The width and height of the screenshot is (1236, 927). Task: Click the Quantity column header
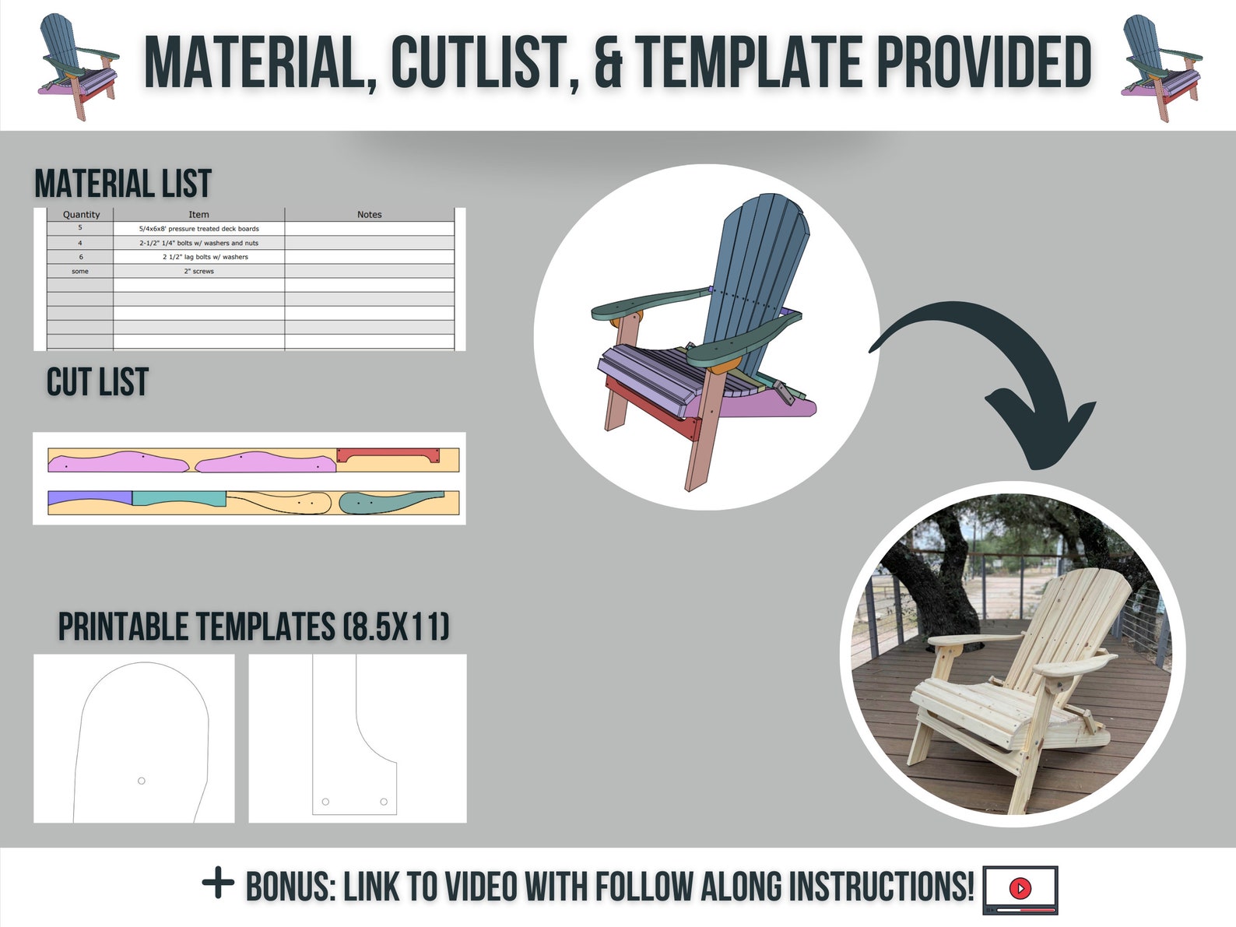(x=81, y=215)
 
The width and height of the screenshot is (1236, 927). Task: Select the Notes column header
(x=370, y=215)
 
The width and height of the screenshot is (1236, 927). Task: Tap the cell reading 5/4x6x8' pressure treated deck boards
(x=198, y=229)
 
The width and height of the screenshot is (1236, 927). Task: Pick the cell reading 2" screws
(x=198, y=272)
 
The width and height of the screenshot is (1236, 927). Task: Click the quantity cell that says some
(x=80, y=272)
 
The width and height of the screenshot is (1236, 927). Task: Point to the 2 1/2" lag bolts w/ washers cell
(x=205, y=257)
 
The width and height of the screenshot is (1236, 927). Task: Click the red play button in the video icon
(x=1020, y=888)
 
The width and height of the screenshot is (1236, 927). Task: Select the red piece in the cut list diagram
(x=388, y=455)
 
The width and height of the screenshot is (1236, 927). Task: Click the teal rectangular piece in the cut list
(x=179, y=498)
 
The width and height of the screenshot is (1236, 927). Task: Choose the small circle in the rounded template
(x=142, y=781)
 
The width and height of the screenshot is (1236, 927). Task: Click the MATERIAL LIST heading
(x=123, y=184)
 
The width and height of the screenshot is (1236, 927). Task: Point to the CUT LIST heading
(x=97, y=381)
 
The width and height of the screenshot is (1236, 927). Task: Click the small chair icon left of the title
(x=79, y=66)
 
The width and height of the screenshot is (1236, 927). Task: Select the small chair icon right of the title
(x=1161, y=68)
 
